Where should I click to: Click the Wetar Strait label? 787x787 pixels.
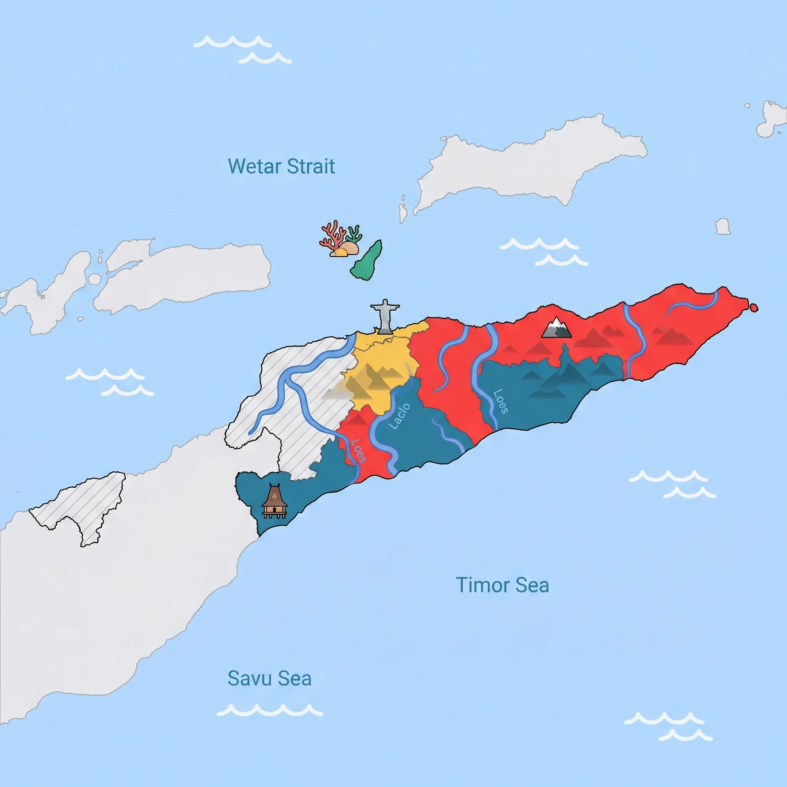[x=281, y=166]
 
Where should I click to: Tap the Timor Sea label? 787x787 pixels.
[x=502, y=585]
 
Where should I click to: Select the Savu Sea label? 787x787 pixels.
[x=269, y=679]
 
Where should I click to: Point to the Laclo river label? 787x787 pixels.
[x=400, y=417]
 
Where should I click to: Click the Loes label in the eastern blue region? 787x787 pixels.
[x=501, y=402]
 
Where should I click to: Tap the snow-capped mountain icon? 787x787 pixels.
[x=556, y=328]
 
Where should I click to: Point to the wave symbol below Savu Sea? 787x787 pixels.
[x=270, y=710]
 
